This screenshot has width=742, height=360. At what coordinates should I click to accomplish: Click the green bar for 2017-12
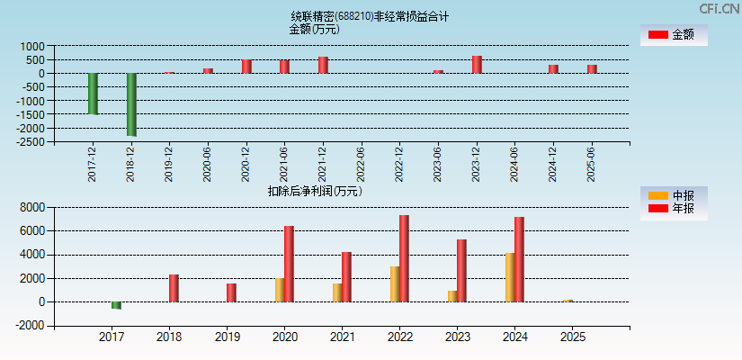click(93, 94)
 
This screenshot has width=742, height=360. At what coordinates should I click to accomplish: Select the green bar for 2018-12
click(131, 104)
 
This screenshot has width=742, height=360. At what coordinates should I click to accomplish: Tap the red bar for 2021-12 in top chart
click(323, 65)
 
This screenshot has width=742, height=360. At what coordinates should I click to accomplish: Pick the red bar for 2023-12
click(477, 65)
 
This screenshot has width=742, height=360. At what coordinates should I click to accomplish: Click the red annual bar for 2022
click(404, 258)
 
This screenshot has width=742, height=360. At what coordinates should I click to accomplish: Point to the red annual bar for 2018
click(174, 288)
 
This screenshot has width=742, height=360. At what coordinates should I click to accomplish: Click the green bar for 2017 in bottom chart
click(116, 305)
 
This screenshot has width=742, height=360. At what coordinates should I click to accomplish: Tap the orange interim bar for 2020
click(280, 290)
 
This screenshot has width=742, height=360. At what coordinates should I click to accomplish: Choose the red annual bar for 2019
click(231, 292)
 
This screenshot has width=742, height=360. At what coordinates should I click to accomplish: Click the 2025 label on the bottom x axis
click(572, 337)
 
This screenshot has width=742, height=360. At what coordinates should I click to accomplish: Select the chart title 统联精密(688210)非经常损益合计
click(370, 16)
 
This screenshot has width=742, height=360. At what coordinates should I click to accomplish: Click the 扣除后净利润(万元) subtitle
click(314, 191)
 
